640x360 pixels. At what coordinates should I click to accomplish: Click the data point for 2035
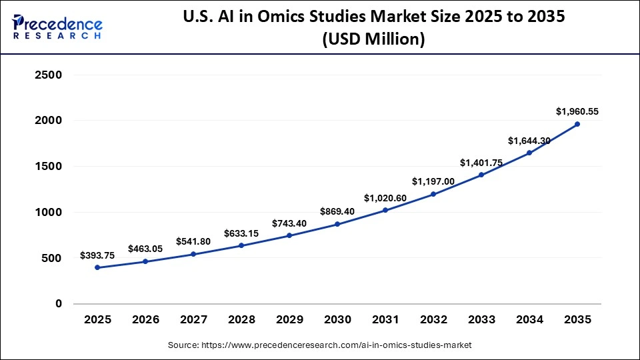pyautogui.click(x=577, y=124)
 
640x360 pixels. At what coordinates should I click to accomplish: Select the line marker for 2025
pyautogui.click(x=97, y=267)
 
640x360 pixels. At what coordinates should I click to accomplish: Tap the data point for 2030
pyautogui.click(x=337, y=224)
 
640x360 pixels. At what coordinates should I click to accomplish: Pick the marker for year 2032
pyautogui.click(x=433, y=194)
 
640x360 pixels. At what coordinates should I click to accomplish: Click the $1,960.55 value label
pyautogui.click(x=577, y=111)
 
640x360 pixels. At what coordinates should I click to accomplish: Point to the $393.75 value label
pyautogui.click(x=97, y=255)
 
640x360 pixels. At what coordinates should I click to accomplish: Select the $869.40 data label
pyautogui.click(x=337, y=211)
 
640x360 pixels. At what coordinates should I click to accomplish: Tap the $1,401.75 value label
pyautogui.click(x=481, y=163)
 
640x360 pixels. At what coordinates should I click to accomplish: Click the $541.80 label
pyautogui.click(x=193, y=241)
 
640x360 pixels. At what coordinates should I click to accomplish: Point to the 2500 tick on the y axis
pyautogui.click(x=47, y=75)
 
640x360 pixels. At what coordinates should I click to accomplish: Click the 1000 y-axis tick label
pyautogui.click(x=47, y=213)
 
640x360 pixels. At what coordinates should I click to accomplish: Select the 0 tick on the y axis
pyautogui.click(x=58, y=304)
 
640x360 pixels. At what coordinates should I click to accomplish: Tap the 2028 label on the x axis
pyautogui.click(x=241, y=320)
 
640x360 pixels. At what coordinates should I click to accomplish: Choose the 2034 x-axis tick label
pyautogui.click(x=529, y=320)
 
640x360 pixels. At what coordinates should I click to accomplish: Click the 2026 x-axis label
pyautogui.click(x=145, y=320)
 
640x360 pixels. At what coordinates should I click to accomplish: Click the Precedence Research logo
pyautogui.click(x=57, y=27)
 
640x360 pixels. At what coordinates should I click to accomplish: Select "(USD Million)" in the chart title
pyautogui.click(x=373, y=39)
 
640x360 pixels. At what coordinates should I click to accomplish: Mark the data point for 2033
pyautogui.click(x=481, y=175)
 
